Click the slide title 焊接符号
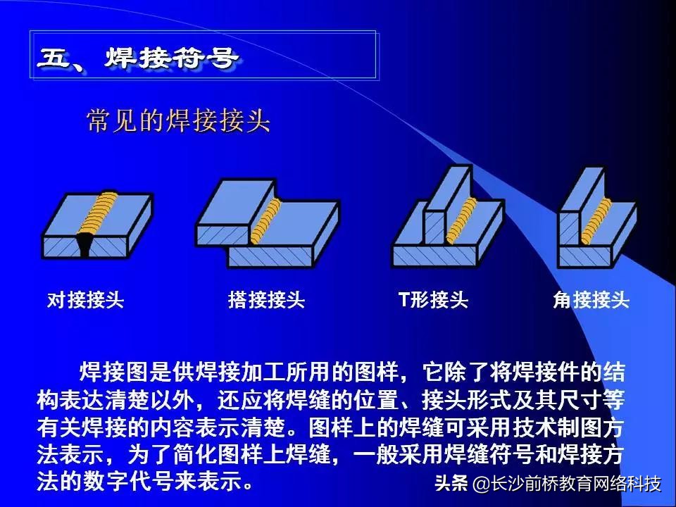171,57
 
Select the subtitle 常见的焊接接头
178,120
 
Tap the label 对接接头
85,300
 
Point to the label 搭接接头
266,300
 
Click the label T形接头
433,299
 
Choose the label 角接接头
591,300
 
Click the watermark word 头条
451,483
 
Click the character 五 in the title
54,57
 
